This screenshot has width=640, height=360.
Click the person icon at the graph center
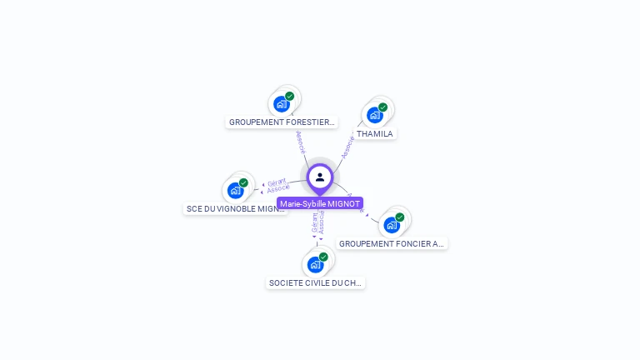[x=320, y=177]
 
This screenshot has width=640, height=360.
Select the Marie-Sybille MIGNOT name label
[x=320, y=203]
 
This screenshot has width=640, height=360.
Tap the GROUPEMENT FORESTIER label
[x=282, y=122]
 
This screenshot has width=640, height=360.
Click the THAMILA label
[x=374, y=133]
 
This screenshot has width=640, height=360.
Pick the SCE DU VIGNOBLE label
[x=236, y=209]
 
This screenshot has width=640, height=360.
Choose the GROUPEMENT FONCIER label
[x=392, y=243]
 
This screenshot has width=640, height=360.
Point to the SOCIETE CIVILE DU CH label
[x=316, y=282]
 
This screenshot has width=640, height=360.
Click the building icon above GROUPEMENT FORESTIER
[x=282, y=105]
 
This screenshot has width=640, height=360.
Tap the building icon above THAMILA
[x=374, y=115]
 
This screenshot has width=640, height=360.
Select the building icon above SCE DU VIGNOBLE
[x=235, y=191]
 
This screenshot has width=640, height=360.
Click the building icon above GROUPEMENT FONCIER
[x=391, y=225]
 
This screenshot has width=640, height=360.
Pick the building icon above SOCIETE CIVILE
[x=314, y=265]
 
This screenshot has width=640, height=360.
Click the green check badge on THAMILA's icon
[x=382, y=107]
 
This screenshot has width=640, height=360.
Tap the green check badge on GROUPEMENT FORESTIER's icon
[x=289, y=97]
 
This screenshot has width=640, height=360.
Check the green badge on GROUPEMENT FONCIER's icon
[x=399, y=217]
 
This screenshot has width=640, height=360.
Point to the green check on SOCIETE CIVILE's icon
[x=323, y=257]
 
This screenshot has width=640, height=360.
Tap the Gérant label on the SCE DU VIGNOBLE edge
[x=277, y=182]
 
